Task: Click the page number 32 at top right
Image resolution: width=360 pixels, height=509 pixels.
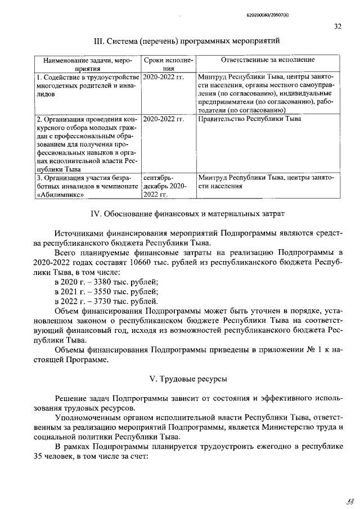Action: tap(337, 26)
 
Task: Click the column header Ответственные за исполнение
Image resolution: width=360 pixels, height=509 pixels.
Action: tap(268, 60)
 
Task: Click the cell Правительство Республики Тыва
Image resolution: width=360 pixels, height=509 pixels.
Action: tap(250, 119)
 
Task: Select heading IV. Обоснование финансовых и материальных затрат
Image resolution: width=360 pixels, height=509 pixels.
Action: tap(188, 213)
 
